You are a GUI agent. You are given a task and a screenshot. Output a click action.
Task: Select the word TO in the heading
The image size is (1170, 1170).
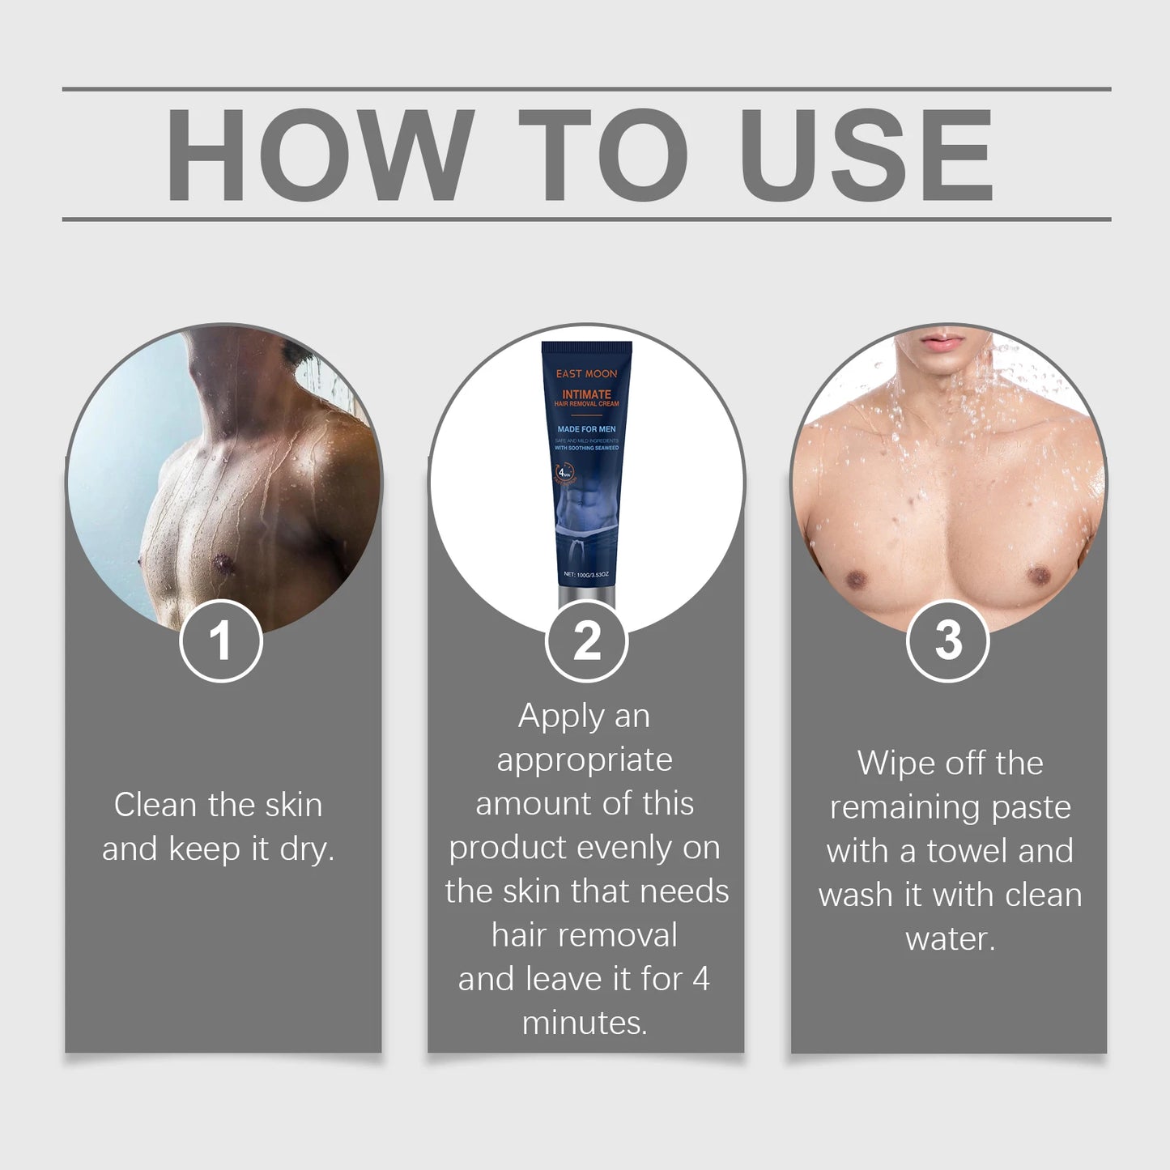point(603,154)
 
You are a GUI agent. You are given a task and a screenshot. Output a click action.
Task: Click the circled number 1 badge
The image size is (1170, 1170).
point(220,640)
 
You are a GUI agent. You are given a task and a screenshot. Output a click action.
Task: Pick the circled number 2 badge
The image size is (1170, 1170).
point(586,640)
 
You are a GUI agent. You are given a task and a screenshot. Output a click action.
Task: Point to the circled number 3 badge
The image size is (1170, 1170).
point(947,640)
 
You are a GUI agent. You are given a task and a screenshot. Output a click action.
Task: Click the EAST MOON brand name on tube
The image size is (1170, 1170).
point(586,373)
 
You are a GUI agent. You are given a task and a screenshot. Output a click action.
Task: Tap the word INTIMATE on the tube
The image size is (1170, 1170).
point(586,394)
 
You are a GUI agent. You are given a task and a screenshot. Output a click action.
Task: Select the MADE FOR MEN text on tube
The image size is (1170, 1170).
point(586,429)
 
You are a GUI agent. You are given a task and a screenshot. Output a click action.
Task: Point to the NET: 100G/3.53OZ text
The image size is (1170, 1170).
point(586,574)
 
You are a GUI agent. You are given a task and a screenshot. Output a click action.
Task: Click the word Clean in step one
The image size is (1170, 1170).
point(155,805)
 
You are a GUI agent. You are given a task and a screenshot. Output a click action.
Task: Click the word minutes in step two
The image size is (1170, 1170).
point(585,1023)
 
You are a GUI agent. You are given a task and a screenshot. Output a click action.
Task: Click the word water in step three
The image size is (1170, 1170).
point(950,939)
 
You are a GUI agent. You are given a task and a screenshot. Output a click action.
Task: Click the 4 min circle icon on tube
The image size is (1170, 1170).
point(564,473)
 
